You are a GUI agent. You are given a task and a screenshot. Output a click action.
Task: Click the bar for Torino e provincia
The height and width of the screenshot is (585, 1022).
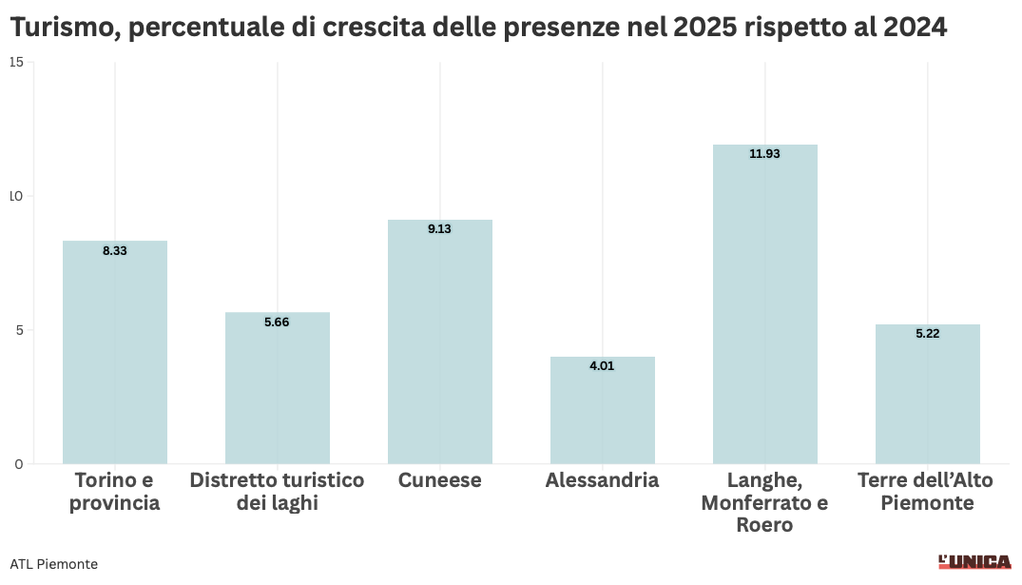(x=115, y=352)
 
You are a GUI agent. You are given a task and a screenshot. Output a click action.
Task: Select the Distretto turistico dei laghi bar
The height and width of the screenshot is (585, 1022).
(x=278, y=388)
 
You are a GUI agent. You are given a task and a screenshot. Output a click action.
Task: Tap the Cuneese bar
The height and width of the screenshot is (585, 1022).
(x=440, y=341)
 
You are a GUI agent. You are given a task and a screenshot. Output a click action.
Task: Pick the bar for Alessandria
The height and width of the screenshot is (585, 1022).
(x=602, y=410)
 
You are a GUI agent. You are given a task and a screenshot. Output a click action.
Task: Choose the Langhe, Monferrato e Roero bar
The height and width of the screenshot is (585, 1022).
(x=765, y=304)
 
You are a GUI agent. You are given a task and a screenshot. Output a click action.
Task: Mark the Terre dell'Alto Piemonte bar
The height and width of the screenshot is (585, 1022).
(x=928, y=394)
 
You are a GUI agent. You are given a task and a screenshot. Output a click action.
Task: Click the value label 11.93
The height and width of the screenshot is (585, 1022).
(x=764, y=154)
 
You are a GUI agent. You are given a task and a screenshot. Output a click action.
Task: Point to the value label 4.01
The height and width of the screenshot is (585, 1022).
(x=602, y=366)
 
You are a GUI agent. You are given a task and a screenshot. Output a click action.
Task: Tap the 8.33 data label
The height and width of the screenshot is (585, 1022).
(x=115, y=250)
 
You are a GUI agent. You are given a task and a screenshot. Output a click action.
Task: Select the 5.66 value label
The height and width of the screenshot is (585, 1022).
(x=277, y=322)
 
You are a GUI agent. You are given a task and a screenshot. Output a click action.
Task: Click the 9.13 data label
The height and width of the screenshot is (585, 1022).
(x=439, y=229)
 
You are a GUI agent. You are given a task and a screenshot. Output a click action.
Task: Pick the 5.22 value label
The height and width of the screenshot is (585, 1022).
(x=928, y=334)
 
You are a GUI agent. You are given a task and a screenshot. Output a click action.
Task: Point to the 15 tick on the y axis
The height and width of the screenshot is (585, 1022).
(x=16, y=62)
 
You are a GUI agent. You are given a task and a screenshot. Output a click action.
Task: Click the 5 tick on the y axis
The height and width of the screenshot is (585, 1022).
(x=20, y=330)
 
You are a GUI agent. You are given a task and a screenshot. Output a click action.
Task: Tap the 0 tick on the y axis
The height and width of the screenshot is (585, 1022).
(x=19, y=464)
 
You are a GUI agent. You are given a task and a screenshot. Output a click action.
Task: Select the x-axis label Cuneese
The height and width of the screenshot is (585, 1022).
(x=440, y=480)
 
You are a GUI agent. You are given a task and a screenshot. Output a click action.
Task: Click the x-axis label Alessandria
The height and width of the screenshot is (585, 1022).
(x=602, y=480)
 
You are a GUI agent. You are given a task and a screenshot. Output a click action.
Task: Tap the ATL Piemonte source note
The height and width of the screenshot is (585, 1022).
(x=54, y=564)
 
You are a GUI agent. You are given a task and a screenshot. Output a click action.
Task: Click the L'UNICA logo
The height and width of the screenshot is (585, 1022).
(x=975, y=562)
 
